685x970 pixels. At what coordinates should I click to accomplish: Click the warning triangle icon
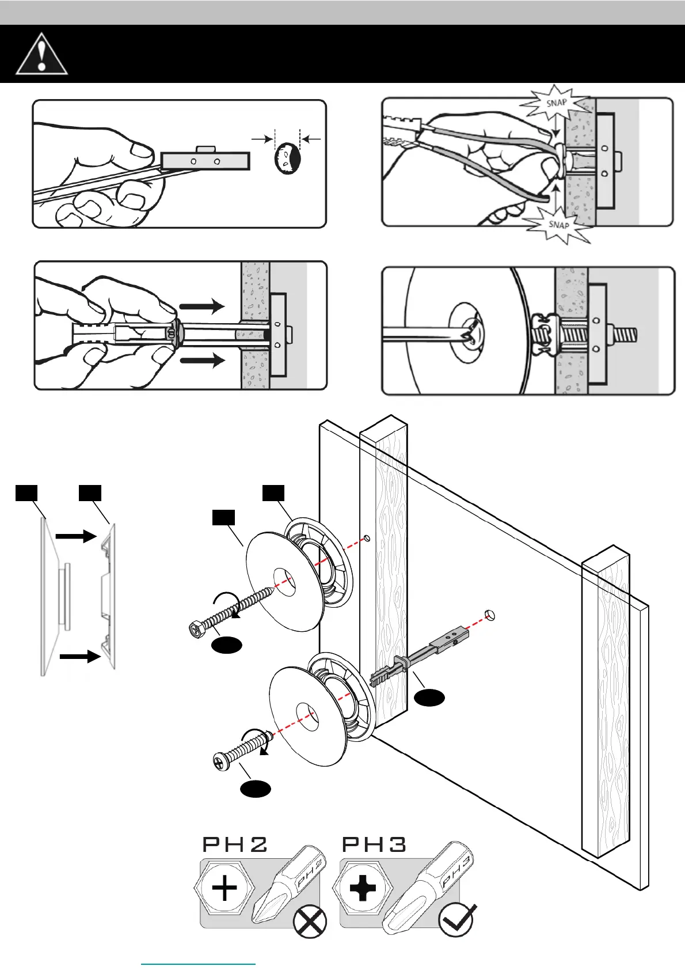tap(41, 55)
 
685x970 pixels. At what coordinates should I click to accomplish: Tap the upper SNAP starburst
tap(555, 104)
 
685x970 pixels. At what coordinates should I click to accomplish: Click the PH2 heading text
tap(235, 844)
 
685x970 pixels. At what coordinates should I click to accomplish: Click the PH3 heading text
tap(374, 844)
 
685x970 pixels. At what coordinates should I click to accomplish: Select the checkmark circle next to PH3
tap(456, 920)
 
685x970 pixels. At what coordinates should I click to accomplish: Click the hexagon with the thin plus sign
tap(224, 888)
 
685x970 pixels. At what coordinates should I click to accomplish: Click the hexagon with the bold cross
tap(363, 888)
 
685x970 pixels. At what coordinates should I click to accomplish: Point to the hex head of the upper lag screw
tap(196, 630)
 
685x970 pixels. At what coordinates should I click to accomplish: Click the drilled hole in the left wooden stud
tap(367, 539)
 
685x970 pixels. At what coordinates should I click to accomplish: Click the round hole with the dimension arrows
tap(288, 159)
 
